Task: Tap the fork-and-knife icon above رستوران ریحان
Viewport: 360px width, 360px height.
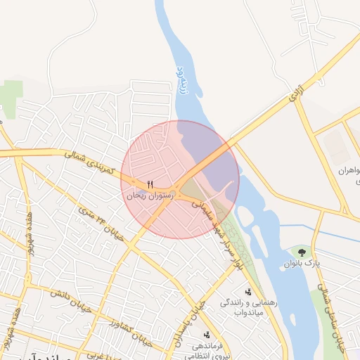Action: click(x=149, y=185)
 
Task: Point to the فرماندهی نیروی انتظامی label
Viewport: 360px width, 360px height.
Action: click(x=208, y=350)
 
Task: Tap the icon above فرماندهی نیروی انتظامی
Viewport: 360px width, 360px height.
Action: click(x=207, y=334)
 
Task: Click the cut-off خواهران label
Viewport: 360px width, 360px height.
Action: click(x=349, y=170)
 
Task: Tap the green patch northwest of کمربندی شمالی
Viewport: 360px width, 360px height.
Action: click(x=9, y=95)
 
